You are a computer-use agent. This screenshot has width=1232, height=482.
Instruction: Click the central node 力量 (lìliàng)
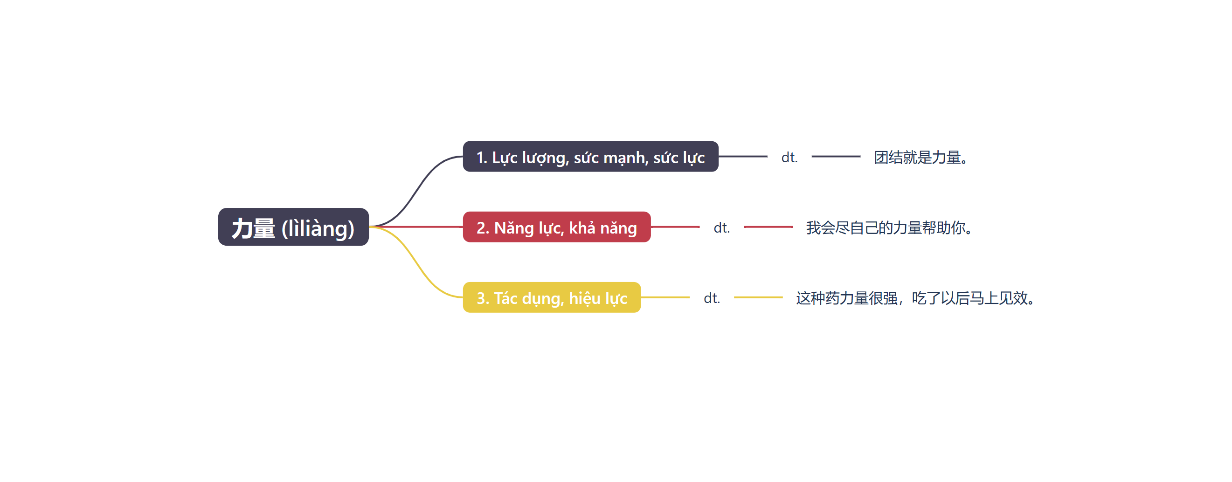tap(293, 227)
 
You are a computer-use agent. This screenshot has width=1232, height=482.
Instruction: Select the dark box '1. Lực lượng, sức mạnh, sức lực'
tap(590, 156)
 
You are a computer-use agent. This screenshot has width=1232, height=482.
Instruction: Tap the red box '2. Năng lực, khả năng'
tap(557, 227)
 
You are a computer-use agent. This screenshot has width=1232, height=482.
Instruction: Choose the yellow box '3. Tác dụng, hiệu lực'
tap(552, 297)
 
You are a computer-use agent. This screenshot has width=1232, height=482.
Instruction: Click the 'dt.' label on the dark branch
tap(789, 157)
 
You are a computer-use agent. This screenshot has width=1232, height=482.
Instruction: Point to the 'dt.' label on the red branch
tap(722, 227)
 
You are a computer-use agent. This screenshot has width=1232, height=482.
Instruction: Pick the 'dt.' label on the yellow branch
tap(712, 298)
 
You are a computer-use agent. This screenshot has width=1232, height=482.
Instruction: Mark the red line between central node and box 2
tap(416, 227)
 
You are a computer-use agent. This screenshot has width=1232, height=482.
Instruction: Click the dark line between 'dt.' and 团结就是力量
tap(836, 156)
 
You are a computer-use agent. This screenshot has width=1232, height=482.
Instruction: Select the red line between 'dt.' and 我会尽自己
tap(768, 227)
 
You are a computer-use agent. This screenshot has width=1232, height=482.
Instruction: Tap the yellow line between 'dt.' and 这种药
tap(758, 297)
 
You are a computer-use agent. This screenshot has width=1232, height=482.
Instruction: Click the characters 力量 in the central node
tap(254, 227)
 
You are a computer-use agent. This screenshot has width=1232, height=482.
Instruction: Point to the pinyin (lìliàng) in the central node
tap(318, 228)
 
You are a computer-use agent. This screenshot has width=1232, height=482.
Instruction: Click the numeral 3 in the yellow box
tap(481, 298)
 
